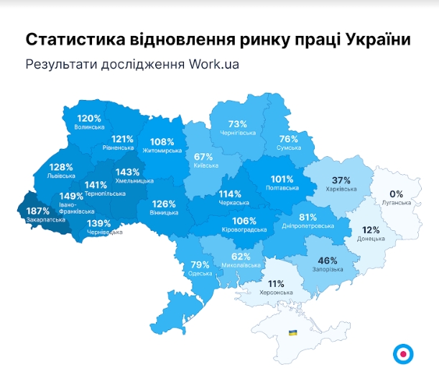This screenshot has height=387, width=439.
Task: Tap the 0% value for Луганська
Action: pyautogui.click(x=397, y=193)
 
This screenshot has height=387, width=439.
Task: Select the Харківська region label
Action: pyautogui.click(x=341, y=190)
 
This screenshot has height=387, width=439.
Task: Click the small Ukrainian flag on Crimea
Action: pyautogui.click(x=293, y=332)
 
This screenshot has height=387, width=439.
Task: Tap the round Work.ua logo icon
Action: pyautogui.click(x=403, y=353)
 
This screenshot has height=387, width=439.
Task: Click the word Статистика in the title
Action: pyautogui.click(x=72, y=39)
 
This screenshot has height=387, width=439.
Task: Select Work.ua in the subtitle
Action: pyautogui.click(x=214, y=63)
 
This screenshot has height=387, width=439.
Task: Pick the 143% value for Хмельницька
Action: pyautogui.click(x=127, y=173)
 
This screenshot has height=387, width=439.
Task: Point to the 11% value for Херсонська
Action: pyautogui.click(x=277, y=283)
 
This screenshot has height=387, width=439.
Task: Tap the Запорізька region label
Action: pyautogui.click(x=328, y=270)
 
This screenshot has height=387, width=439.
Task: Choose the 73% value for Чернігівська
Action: pyautogui.click(x=238, y=124)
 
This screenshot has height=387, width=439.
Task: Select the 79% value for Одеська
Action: pyautogui.click(x=200, y=265)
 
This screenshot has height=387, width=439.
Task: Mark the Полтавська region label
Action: pyautogui.click(x=282, y=188)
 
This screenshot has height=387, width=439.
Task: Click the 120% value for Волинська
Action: pyautogui.click(x=89, y=118)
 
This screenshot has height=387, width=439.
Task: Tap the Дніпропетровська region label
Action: pyautogui.click(x=308, y=226)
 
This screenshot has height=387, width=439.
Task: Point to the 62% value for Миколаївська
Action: pyautogui.click(x=241, y=256)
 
